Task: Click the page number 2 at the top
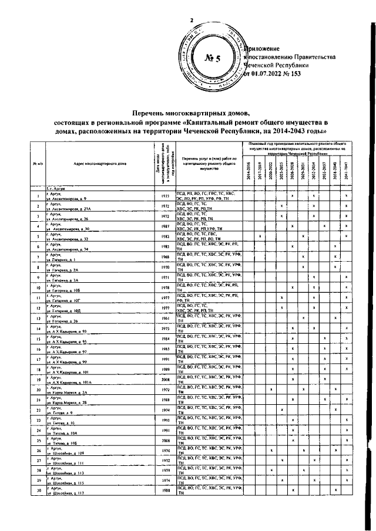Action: [191, 21]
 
